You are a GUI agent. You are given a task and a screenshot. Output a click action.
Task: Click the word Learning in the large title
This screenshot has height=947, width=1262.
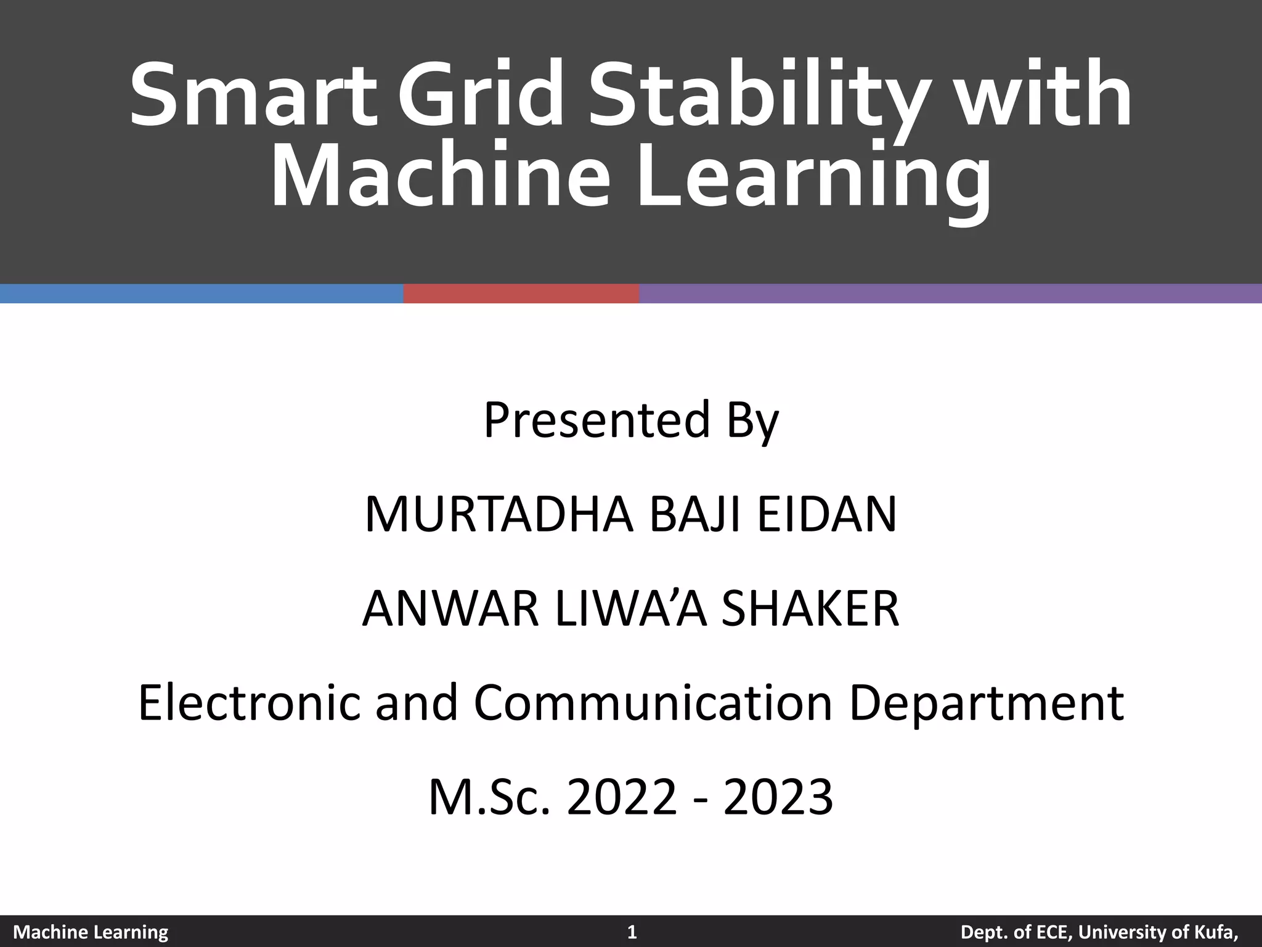click(x=813, y=179)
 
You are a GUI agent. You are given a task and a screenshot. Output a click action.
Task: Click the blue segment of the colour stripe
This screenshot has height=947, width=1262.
click(x=202, y=293)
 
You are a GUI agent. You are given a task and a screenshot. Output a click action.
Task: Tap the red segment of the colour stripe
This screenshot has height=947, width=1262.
click(x=521, y=293)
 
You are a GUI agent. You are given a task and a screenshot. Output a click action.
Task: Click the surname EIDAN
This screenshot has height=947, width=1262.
click(x=827, y=515)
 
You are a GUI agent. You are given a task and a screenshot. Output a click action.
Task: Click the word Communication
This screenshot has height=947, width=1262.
click(x=653, y=704)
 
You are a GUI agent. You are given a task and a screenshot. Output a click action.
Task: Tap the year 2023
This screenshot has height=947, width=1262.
click(x=779, y=798)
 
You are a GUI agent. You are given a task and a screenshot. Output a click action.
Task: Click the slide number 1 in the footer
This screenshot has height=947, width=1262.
click(x=631, y=932)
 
